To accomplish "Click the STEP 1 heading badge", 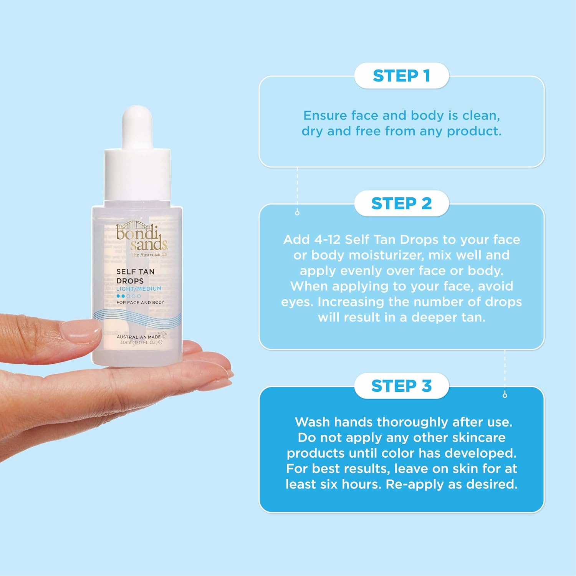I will pyautogui.click(x=401, y=76).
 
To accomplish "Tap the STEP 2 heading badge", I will pyautogui.click(x=401, y=204).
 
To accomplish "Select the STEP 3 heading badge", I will pyautogui.click(x=401, y=386).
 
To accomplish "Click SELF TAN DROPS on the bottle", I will pyautogui.click(x=135, y=276).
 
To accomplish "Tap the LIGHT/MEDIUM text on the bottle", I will pyautogui.click(x=139, y=289).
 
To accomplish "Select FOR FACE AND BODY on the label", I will pyautogui.click(x=140, y=303).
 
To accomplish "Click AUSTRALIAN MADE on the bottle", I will pyautogui.click(x=139, y=337).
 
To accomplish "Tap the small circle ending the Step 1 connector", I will pyautogui.click(x=297, y=213).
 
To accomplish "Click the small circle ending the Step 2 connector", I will pyautogui.click(x=505, y=395).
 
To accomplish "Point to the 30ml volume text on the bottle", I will pyautogui.click(x=126, y=342).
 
